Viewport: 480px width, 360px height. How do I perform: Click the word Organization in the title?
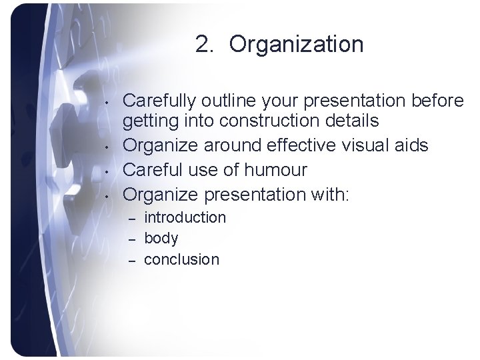coord(297,45)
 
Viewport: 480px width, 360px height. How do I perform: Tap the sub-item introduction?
coord(185,217)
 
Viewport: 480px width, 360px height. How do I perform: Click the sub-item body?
coord(161,238)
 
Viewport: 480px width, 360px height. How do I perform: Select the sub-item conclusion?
coord(181,259)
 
